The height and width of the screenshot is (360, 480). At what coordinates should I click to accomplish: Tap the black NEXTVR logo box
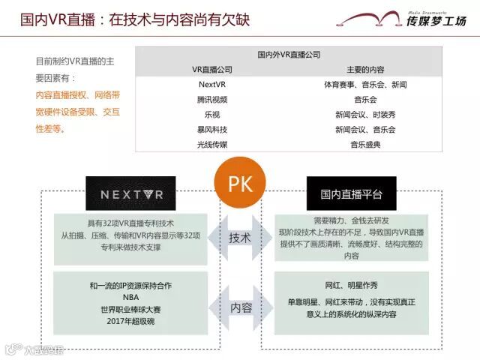click(130, 194)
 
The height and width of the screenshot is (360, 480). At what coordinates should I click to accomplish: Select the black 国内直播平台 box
click(351, 194)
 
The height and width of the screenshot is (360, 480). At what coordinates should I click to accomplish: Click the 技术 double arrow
click(240, 238)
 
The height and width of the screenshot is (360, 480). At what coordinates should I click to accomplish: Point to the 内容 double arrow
click(240, 307)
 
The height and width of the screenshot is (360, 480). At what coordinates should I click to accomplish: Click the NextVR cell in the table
click(212, 84)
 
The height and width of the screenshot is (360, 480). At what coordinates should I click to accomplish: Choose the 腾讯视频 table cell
click(212, 99)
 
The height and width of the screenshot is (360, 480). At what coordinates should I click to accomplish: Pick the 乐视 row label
click(212, 114)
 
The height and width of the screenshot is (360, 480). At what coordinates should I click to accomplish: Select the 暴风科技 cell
click(212, 129)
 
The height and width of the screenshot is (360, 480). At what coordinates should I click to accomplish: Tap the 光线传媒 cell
click(212, 144)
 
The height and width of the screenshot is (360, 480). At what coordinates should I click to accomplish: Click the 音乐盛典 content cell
click(365, 144)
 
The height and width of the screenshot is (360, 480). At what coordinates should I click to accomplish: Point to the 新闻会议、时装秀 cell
click(365, 114)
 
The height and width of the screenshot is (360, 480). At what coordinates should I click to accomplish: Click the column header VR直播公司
click(212, 70)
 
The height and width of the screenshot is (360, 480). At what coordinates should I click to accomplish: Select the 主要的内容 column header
click(365, 70)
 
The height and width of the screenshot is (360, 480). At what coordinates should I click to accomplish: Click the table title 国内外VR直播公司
click(289, 55)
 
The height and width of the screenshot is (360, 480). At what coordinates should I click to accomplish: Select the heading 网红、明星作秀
click(352, 286)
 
